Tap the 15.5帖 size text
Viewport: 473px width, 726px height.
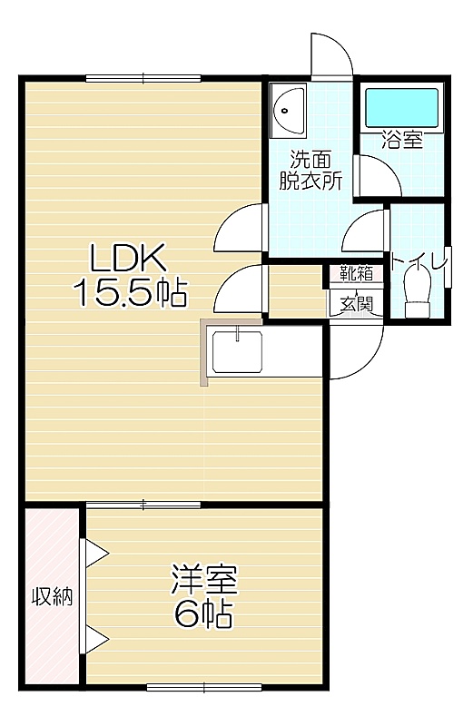pos(130,292)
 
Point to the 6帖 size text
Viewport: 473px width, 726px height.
pos(203,613)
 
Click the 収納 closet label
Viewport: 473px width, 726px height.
pos(52,596)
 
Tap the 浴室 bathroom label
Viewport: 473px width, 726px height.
pos(401,140)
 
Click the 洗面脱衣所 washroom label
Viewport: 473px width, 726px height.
pos(310,170)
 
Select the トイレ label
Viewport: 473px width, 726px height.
pos(419,262)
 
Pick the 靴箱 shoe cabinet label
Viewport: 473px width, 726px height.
pos(356,273)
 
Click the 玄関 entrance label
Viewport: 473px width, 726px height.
pos(356,304)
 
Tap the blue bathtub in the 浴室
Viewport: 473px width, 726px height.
pos(401,107)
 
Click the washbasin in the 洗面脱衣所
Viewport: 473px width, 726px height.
pos(289,111)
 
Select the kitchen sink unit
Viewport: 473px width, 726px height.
pos(237,351)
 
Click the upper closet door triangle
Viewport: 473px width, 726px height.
pos(96,553)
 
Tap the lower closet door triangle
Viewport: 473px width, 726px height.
pos(96,640)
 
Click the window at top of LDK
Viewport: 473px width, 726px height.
pos(143,78)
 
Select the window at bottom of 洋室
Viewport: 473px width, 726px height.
pos(204,688)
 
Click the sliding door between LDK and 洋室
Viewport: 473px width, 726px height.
pos(143,505)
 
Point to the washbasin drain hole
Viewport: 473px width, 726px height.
pos(285,111)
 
